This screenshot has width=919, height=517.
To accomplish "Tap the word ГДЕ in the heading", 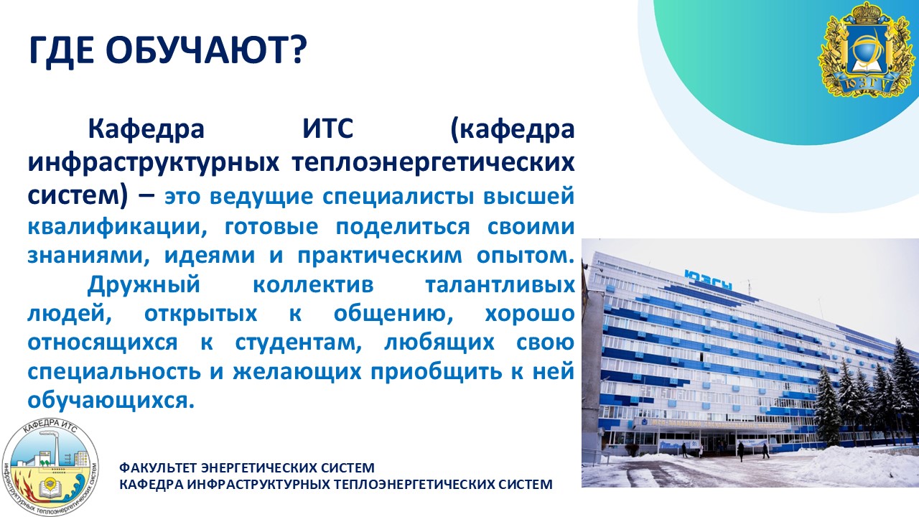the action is coord(61,51).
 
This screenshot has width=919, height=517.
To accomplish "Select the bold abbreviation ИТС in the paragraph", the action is coord(328,129).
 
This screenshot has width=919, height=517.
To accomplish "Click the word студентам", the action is coord(298,343).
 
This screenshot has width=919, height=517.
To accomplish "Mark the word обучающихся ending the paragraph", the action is coord(111,401).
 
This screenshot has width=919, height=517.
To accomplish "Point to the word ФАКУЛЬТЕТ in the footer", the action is coord(160,467).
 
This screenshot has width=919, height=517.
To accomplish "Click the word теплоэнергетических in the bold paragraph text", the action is coord(433,163).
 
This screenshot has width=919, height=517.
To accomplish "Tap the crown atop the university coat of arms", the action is coord(867,12).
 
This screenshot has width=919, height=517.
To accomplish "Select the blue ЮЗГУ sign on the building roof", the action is coord(708,281).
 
